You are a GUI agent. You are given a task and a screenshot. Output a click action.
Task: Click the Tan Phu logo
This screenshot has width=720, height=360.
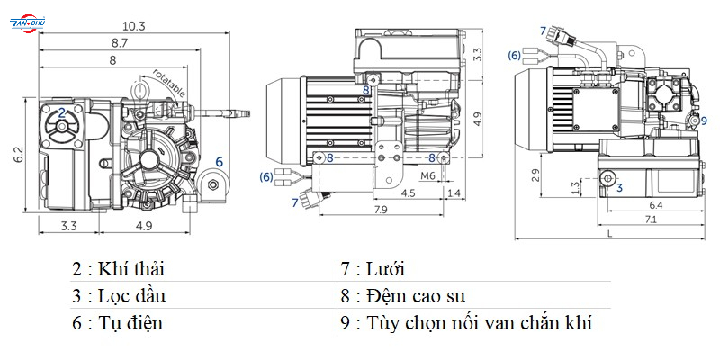tap(28, 23)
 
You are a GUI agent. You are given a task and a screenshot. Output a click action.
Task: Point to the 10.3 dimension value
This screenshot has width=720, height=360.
tap(133, 26)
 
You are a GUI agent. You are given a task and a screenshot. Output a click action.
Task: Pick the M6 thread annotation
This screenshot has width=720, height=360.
tap(427, 175)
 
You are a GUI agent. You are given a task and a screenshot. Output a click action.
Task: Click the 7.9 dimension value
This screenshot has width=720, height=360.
tap(381, 210)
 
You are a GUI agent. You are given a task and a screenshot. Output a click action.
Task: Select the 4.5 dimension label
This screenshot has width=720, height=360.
tap(408, 193)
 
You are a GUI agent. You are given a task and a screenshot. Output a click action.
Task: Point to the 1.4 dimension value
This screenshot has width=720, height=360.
tap(454, 193)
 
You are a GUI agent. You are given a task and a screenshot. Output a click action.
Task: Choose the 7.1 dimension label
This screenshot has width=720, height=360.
tap(650, 219)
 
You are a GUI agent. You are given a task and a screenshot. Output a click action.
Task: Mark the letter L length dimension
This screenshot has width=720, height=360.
tap(610, 233)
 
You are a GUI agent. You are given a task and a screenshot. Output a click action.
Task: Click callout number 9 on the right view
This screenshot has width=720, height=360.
tap(704, 121)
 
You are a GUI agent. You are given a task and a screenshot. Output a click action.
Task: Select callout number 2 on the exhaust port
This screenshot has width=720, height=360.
tap(62, 112)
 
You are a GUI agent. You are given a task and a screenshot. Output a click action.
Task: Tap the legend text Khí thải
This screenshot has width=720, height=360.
tap(130, 268)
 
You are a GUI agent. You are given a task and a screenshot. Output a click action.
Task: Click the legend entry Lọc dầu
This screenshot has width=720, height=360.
tap(131, 296)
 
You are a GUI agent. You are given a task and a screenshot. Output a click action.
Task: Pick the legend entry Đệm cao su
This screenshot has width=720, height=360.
tap(416, 296)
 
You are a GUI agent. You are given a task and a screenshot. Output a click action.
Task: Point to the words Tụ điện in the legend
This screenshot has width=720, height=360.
tap(130, 323)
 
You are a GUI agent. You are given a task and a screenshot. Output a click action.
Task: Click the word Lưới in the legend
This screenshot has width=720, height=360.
tap(385, 268)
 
